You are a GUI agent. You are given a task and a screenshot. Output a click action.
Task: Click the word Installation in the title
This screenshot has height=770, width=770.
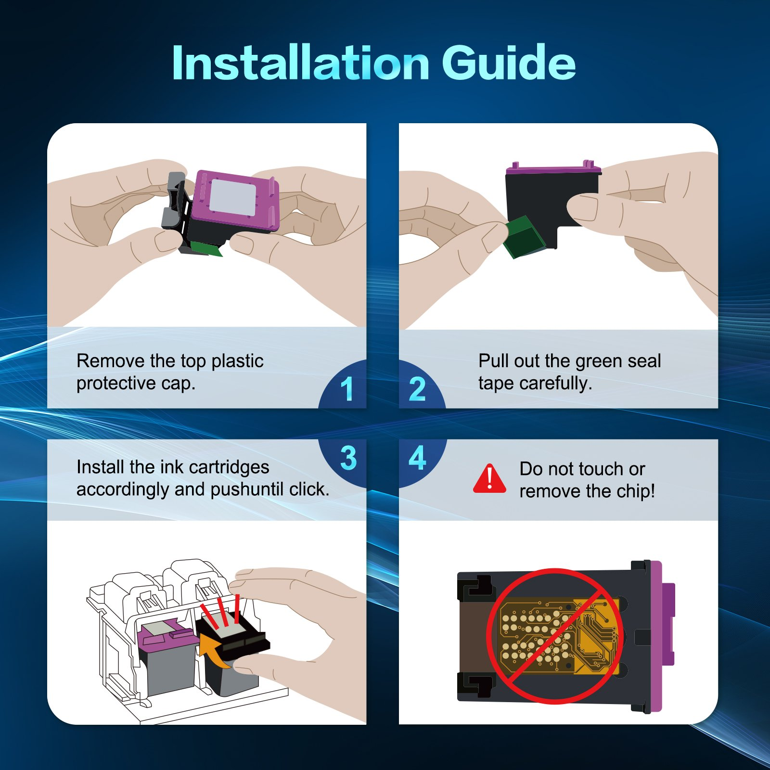(x=301, y=63)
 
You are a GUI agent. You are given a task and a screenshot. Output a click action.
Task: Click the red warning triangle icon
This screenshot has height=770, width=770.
(x=489, y=479)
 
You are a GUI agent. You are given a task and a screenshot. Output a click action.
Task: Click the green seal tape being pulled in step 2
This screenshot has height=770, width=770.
(x=524, y=236)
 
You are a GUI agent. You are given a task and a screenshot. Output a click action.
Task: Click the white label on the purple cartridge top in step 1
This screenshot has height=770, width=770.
(x=232, y=197)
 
